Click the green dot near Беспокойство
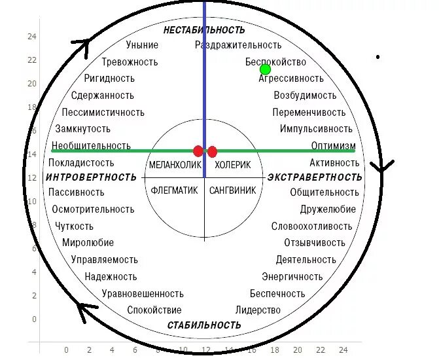point(265,69)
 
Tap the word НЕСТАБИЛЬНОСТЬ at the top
point(204,30)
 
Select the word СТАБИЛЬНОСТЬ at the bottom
point(204,325)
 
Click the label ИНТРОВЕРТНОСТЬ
point(91,177)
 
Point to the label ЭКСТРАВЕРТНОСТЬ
point(315,177)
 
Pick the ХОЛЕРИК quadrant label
point(232,165)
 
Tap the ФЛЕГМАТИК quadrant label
point(174,190)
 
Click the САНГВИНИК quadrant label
point(232,190)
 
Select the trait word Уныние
point(142,45)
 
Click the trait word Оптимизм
point(334,145)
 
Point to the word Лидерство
point(258,310)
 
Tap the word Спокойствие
point(154,310)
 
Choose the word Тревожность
point(130,62)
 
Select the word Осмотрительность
point(94,209)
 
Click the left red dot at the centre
point(198,151)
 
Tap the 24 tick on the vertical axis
point(31,37)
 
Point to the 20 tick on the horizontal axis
point(297,350)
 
